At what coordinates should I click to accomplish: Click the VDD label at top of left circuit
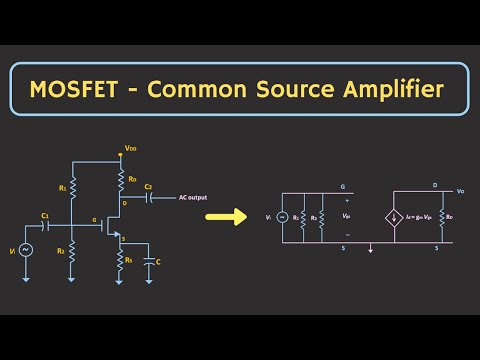pos(130,150)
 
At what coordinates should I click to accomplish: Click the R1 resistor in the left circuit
pos(73,187)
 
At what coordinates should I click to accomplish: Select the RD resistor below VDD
pos(119,180)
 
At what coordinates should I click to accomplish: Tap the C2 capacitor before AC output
pos(147,197)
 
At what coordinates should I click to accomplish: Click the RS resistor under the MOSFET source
pos(119,260)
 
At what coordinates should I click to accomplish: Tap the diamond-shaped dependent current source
pos(391,215)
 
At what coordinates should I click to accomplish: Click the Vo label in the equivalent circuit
pos(460,190)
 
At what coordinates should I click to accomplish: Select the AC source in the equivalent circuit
pos(281,216)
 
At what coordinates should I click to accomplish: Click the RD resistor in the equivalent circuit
pos(441,215)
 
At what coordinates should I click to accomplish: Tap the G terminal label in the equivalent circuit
pos(342,186)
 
